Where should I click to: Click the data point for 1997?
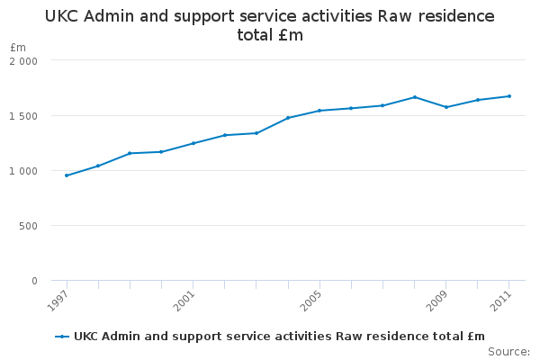[x=67, y=175]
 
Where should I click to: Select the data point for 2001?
[x=193, y=143]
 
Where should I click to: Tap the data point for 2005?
[x=319, y=111]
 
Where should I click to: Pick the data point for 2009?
[x=446, y=107]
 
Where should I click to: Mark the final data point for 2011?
[x=509, y=96]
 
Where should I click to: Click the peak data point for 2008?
[x=415, y=97]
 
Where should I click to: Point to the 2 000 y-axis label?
[x=23, y=61]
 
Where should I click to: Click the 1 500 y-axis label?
[x=23, y=116]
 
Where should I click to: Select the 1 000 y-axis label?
[x=23, y=171]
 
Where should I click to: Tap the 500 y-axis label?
[x=28, y=226]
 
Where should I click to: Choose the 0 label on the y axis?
[x=34, y=281]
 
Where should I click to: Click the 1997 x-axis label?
[x=58, y=301]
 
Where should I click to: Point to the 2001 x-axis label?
[x=184, y=301]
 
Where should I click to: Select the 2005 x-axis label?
[x=310, y=301]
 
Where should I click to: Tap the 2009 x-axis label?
[x=437, y=301]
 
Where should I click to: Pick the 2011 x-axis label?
[x=500, y=301]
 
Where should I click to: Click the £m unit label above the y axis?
[x=18, y=47]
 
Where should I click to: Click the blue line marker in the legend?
[x=62, y=337]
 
